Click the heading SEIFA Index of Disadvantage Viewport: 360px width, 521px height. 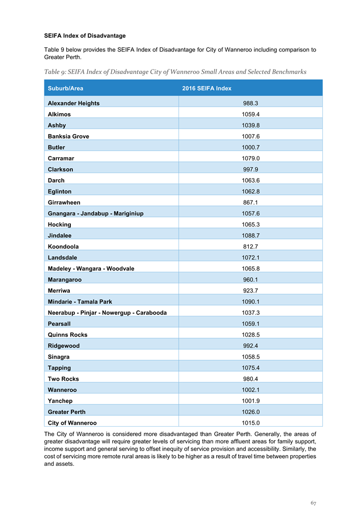(85, 36)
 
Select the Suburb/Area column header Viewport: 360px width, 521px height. (65, 88)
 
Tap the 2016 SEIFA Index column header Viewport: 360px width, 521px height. (207, 88)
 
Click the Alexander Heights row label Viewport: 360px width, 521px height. (73, 103)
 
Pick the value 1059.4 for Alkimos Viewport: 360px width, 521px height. (250, 114)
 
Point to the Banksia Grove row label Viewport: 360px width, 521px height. (68, 136)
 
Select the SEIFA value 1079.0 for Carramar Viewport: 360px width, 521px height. (250, 158)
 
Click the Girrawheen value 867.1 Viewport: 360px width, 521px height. (250, 203)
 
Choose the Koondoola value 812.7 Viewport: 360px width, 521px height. (250, 246)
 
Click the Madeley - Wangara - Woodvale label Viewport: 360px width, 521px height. (91, 268)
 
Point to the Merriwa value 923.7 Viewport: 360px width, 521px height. (250, 290)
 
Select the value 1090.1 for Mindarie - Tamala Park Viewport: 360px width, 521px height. (250, 302)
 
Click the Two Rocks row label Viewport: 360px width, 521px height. (63, 379)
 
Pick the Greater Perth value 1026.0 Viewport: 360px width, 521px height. (250, 412)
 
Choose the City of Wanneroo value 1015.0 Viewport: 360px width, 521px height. (250, 423)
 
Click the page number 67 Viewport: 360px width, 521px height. (314, 503)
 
